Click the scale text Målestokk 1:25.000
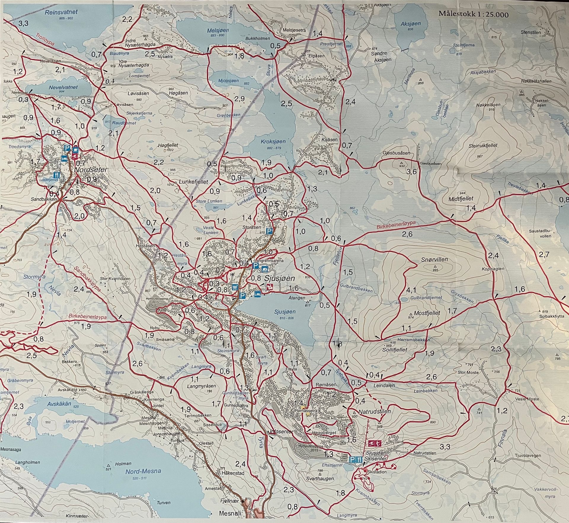pyautogui.click(x=473, y=14)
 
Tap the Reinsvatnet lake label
pyautogui.click(x=61, y=12)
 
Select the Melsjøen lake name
pyautogui.click(x=215, y=30)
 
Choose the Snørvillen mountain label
pyautogui.click(x=434, y=260)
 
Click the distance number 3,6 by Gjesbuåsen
pyautogui.click(x=412, y=172)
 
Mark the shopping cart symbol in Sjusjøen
pyautogui.click(x=235, y=287)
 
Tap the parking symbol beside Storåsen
pyautogui.click(x=269, y=231)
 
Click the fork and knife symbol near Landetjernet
pyautogui.click(x=56, y=175)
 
